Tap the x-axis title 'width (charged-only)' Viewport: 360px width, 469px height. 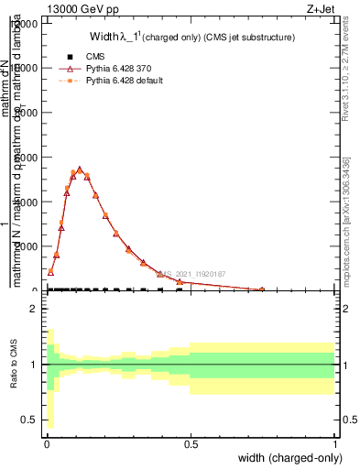tap(287, 457)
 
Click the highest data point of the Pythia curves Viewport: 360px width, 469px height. tap(80, 169)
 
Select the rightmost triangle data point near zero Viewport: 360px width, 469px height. tap(262, 289)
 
